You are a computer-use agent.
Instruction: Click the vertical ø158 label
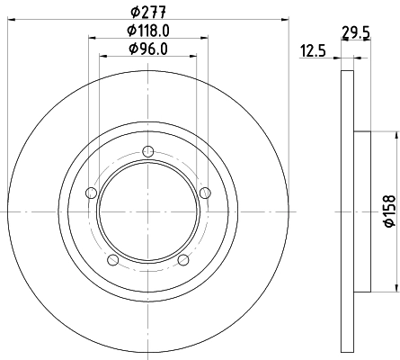(x=389, y=211)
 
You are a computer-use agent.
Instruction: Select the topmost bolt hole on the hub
(x=147, y=153)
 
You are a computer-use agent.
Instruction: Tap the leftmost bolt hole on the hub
(x=89, y=193)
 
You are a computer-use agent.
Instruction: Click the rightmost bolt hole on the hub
(x=205, y=193)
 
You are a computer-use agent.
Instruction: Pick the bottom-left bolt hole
(x=112, y=261)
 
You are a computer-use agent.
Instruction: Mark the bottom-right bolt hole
(x=182, y=261)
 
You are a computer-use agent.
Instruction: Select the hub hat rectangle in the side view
(x=362, y=211)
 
